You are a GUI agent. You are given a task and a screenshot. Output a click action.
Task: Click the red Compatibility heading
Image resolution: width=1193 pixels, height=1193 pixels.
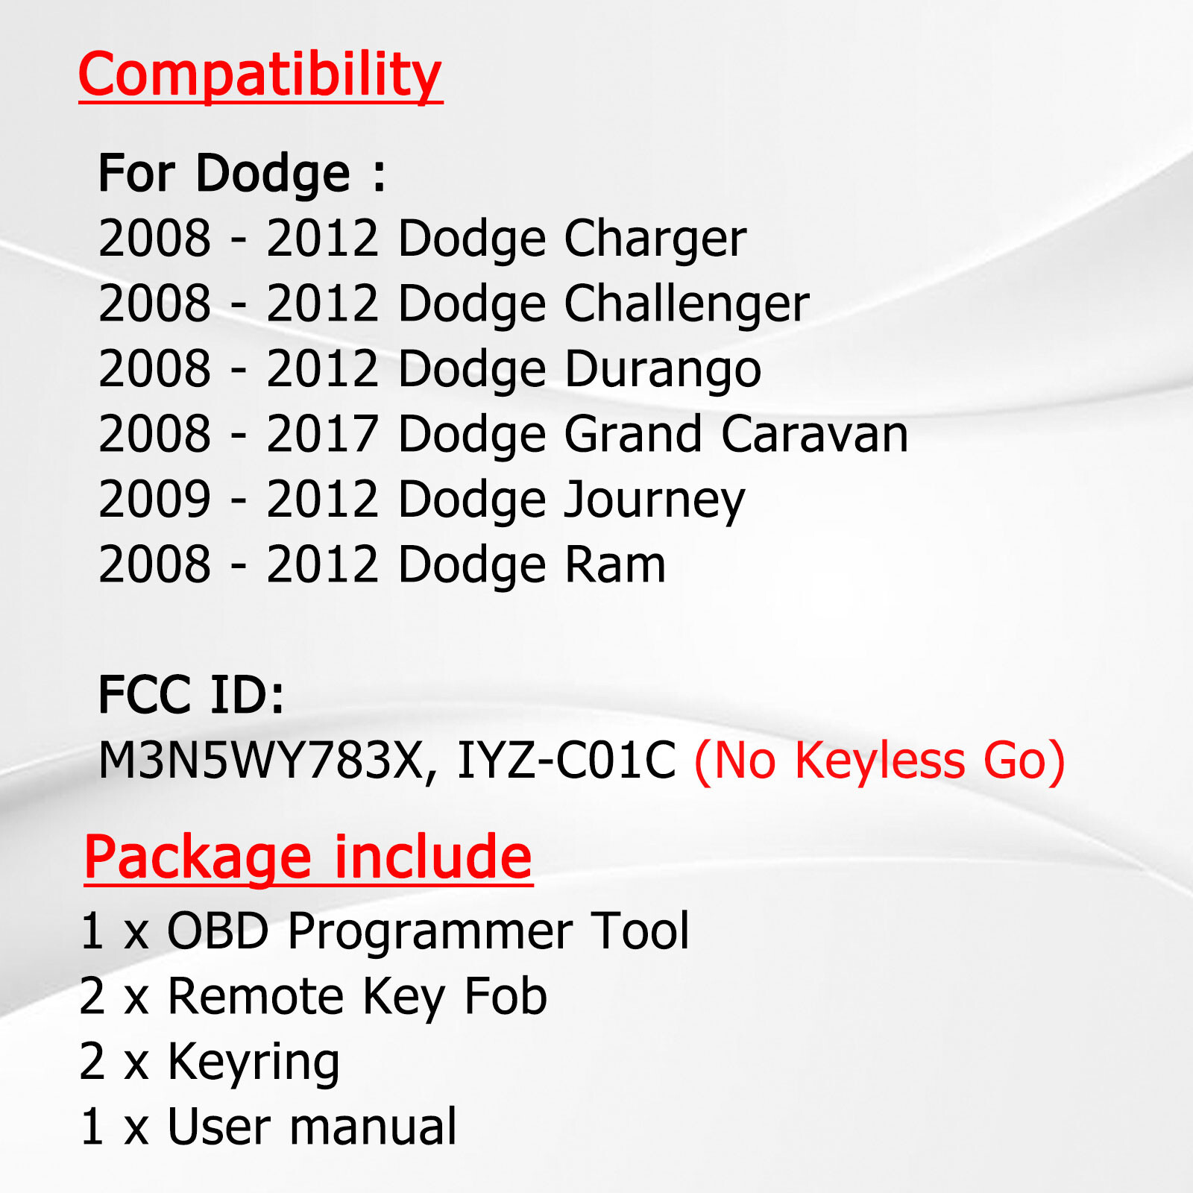260,75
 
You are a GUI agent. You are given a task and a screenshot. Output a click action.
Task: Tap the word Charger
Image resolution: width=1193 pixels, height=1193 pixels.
655,239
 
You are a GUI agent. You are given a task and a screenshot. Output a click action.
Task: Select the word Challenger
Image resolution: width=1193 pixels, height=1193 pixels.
686,303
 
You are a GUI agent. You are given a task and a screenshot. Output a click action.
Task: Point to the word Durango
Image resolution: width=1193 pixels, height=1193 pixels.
663,369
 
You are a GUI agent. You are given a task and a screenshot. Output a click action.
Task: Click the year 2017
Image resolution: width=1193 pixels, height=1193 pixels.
322,434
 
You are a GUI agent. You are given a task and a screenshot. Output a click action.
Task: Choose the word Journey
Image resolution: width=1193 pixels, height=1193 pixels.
654,500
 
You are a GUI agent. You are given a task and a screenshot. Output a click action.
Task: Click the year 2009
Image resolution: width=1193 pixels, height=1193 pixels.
154,500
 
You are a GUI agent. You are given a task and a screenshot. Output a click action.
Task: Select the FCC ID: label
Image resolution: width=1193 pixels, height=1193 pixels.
191,695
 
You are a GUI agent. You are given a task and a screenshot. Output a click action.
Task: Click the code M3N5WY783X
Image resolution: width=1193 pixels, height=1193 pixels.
261,761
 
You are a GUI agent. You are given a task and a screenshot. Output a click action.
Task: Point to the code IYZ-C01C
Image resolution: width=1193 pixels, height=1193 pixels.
566,761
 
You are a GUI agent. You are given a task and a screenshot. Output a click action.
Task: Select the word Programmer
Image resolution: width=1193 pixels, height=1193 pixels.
430,931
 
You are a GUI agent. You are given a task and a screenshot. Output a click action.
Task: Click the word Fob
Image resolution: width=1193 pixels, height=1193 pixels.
506,996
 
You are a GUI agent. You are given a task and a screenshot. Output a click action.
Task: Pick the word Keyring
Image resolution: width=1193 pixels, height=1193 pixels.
254,1062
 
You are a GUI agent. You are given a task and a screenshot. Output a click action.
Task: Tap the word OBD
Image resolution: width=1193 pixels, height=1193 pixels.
217,931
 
